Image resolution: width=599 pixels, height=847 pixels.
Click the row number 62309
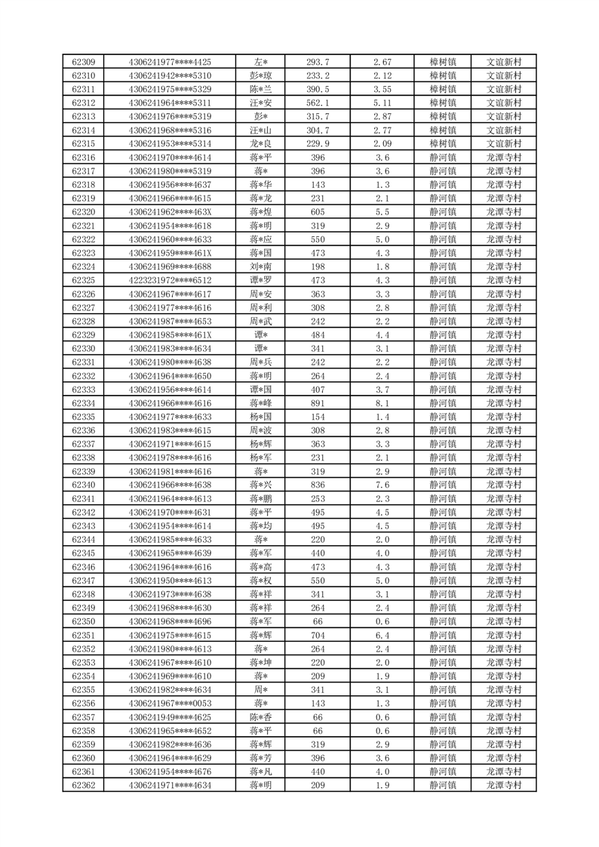83,62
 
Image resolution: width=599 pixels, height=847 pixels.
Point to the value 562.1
318,103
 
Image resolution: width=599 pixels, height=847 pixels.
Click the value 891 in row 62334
318,403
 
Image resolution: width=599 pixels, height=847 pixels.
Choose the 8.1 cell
382,403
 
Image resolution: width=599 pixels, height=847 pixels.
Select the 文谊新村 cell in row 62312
504,103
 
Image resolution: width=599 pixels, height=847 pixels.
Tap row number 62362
83,785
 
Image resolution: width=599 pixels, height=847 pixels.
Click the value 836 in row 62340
318,485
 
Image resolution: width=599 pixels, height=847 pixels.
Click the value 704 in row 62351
318,635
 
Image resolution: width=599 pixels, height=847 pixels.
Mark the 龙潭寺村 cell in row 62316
504,157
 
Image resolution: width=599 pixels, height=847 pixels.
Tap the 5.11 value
382,103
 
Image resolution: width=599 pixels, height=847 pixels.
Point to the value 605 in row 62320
318,212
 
